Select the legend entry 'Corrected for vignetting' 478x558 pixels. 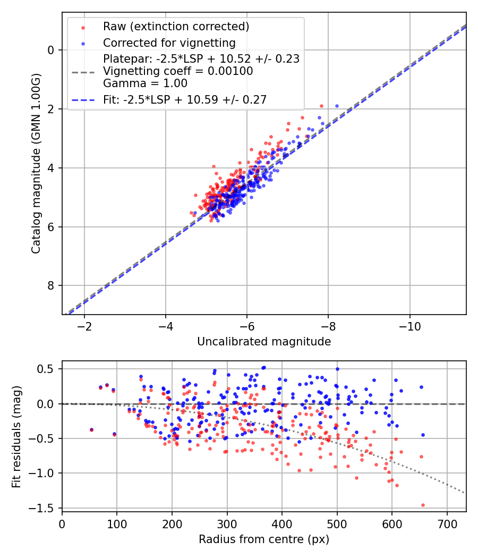tap(169, 43)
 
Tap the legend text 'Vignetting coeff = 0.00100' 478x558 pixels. tap(178, 71)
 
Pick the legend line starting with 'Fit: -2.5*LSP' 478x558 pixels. tap(184, 99)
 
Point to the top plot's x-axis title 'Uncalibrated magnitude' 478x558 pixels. tap(264, 342)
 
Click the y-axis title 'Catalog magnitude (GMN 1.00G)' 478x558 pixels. tap(36, 163)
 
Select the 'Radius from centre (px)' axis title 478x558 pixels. tap(264, 539)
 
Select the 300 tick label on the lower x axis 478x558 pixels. tap(227, 523)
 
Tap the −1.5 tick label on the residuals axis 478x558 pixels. tap(45, 508)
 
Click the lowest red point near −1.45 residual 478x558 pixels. tap(423, 505)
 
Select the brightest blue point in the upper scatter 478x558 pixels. tap(337, 106)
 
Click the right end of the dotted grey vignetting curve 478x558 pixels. tap(465, 493)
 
